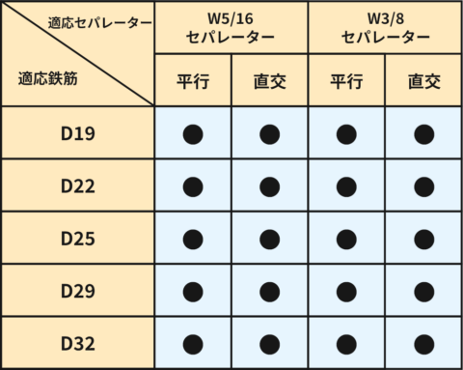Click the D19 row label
pos(77,133)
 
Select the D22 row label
pos(77,185)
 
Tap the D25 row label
pos(77,238)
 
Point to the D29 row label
pos(77,290)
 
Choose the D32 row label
pos(77,342)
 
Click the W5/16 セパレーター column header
pos(231,28)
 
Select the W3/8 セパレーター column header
pos(386,28)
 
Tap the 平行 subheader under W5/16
pos(193,81)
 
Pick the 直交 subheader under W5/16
pos(270,81)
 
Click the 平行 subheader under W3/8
pos(347,81)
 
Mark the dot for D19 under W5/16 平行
pos(193,133)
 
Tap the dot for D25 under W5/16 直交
pos(270,238)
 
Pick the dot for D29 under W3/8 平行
pos(347,290)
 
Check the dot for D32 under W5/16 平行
pos(193,342)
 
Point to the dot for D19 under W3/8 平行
pos(347,133)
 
